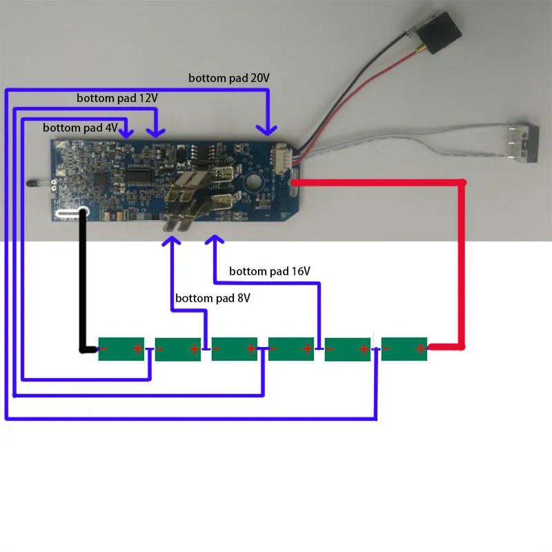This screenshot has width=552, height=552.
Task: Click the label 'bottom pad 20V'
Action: pyautogui.click(x=228, y=78)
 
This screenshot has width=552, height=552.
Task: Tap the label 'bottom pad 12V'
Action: pyautogui.click(x=117, y=99)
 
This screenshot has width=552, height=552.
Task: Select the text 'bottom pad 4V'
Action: pyautogui.click(x=80, y=128)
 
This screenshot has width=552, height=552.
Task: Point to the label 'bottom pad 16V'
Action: pyautogui.click(x=270, y=271)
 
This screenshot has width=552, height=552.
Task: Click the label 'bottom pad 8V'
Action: pyautogui.click(x=213, y=299)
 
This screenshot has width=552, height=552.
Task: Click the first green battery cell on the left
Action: pyautogui.click(x=121, y=349)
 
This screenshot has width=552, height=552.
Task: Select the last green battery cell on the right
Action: pyautogui.click(x=404, y=349)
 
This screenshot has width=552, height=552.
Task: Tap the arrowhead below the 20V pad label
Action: pyautogui.click(x=266, y=128)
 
